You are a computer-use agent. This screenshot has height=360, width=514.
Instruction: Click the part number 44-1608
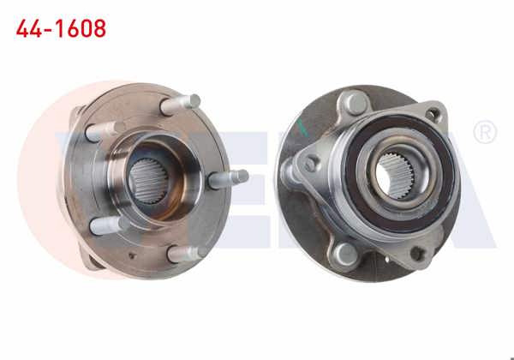coord(62,28)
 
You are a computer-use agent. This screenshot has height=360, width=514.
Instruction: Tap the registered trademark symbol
coord(485,133)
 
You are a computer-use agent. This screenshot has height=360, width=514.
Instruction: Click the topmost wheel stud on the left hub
coord(181,103)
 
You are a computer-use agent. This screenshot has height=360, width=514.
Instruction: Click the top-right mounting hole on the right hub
coord(435,114)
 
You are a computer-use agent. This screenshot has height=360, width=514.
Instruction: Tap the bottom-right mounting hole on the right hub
coord(418,253)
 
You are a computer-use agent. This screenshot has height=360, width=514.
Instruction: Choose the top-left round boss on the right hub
coord(350,105)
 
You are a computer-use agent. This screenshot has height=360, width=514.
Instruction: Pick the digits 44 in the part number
coord(29,28)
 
